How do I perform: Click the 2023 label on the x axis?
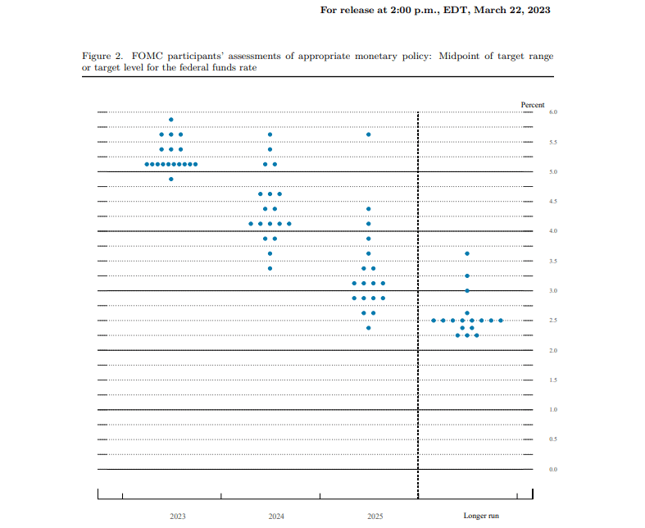(x=178, y=516)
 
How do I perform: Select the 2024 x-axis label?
(x=276, y=516)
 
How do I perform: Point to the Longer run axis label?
(x=481, y=516)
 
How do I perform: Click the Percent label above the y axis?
(x=533, y=105)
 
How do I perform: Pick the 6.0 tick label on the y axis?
(x=553, y=112)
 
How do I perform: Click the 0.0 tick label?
(x=553, y=469)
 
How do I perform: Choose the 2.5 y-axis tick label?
(x=553, y=321)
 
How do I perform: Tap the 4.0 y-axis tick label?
(x=553, y=231)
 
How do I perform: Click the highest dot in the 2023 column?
(x=171, y=120)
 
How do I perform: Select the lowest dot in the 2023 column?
(x=171, y=179)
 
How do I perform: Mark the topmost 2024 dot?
(x=270, y=134)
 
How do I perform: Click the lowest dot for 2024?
(x=270, y=268)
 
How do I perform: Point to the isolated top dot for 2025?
(x=369, y=134)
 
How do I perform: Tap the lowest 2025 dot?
(x=369, y=328)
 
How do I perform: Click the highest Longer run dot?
(x=467, y=253)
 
